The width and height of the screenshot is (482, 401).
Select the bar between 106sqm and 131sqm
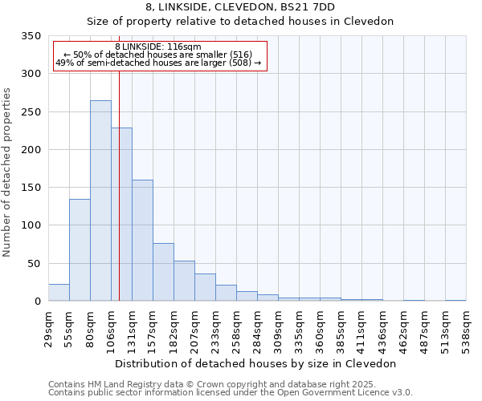122,214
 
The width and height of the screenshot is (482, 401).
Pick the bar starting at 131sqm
142,241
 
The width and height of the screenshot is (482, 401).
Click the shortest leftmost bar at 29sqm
59,293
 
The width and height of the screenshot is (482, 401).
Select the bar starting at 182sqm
184,282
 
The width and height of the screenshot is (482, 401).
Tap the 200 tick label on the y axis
31,150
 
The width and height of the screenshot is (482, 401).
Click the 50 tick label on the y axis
35,264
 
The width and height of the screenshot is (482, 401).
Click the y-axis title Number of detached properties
7,172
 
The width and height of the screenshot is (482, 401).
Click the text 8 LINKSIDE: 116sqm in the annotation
158,47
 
